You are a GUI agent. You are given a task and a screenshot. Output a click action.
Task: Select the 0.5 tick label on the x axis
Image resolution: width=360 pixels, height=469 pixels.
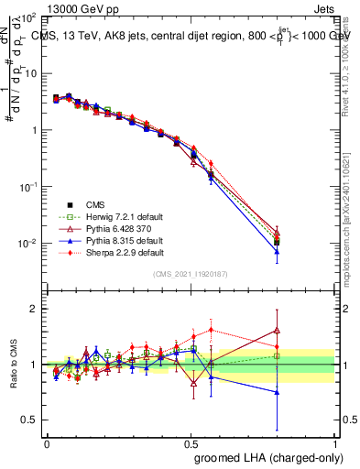(x=191, y=442)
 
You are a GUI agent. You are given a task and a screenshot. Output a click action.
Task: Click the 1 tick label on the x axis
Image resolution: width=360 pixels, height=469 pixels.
(x=334, y=442)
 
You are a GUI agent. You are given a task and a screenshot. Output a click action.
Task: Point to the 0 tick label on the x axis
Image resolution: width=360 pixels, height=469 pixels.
(x=47, y=442)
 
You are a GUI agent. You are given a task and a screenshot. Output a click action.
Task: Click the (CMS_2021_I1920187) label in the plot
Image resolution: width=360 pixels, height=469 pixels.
(x=191, y=275)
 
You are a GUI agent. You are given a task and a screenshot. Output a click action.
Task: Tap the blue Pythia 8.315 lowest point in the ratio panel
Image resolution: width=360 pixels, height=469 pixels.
(x=277, y=392)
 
